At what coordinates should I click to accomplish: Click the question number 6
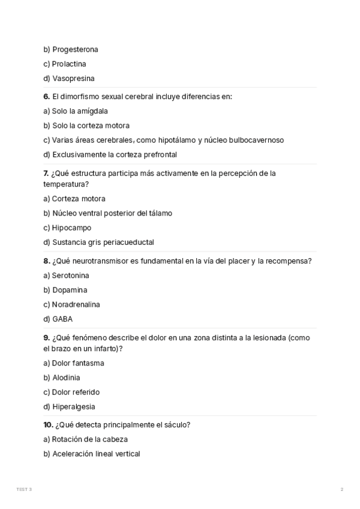coord(46,97)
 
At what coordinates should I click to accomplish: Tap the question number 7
coord(46,173)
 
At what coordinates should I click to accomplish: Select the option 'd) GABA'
coord(58,319)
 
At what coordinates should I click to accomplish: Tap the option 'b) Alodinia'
coord(61,378)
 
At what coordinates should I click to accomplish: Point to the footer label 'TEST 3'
coord(24,490)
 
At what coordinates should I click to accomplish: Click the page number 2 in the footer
coord(342,490)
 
